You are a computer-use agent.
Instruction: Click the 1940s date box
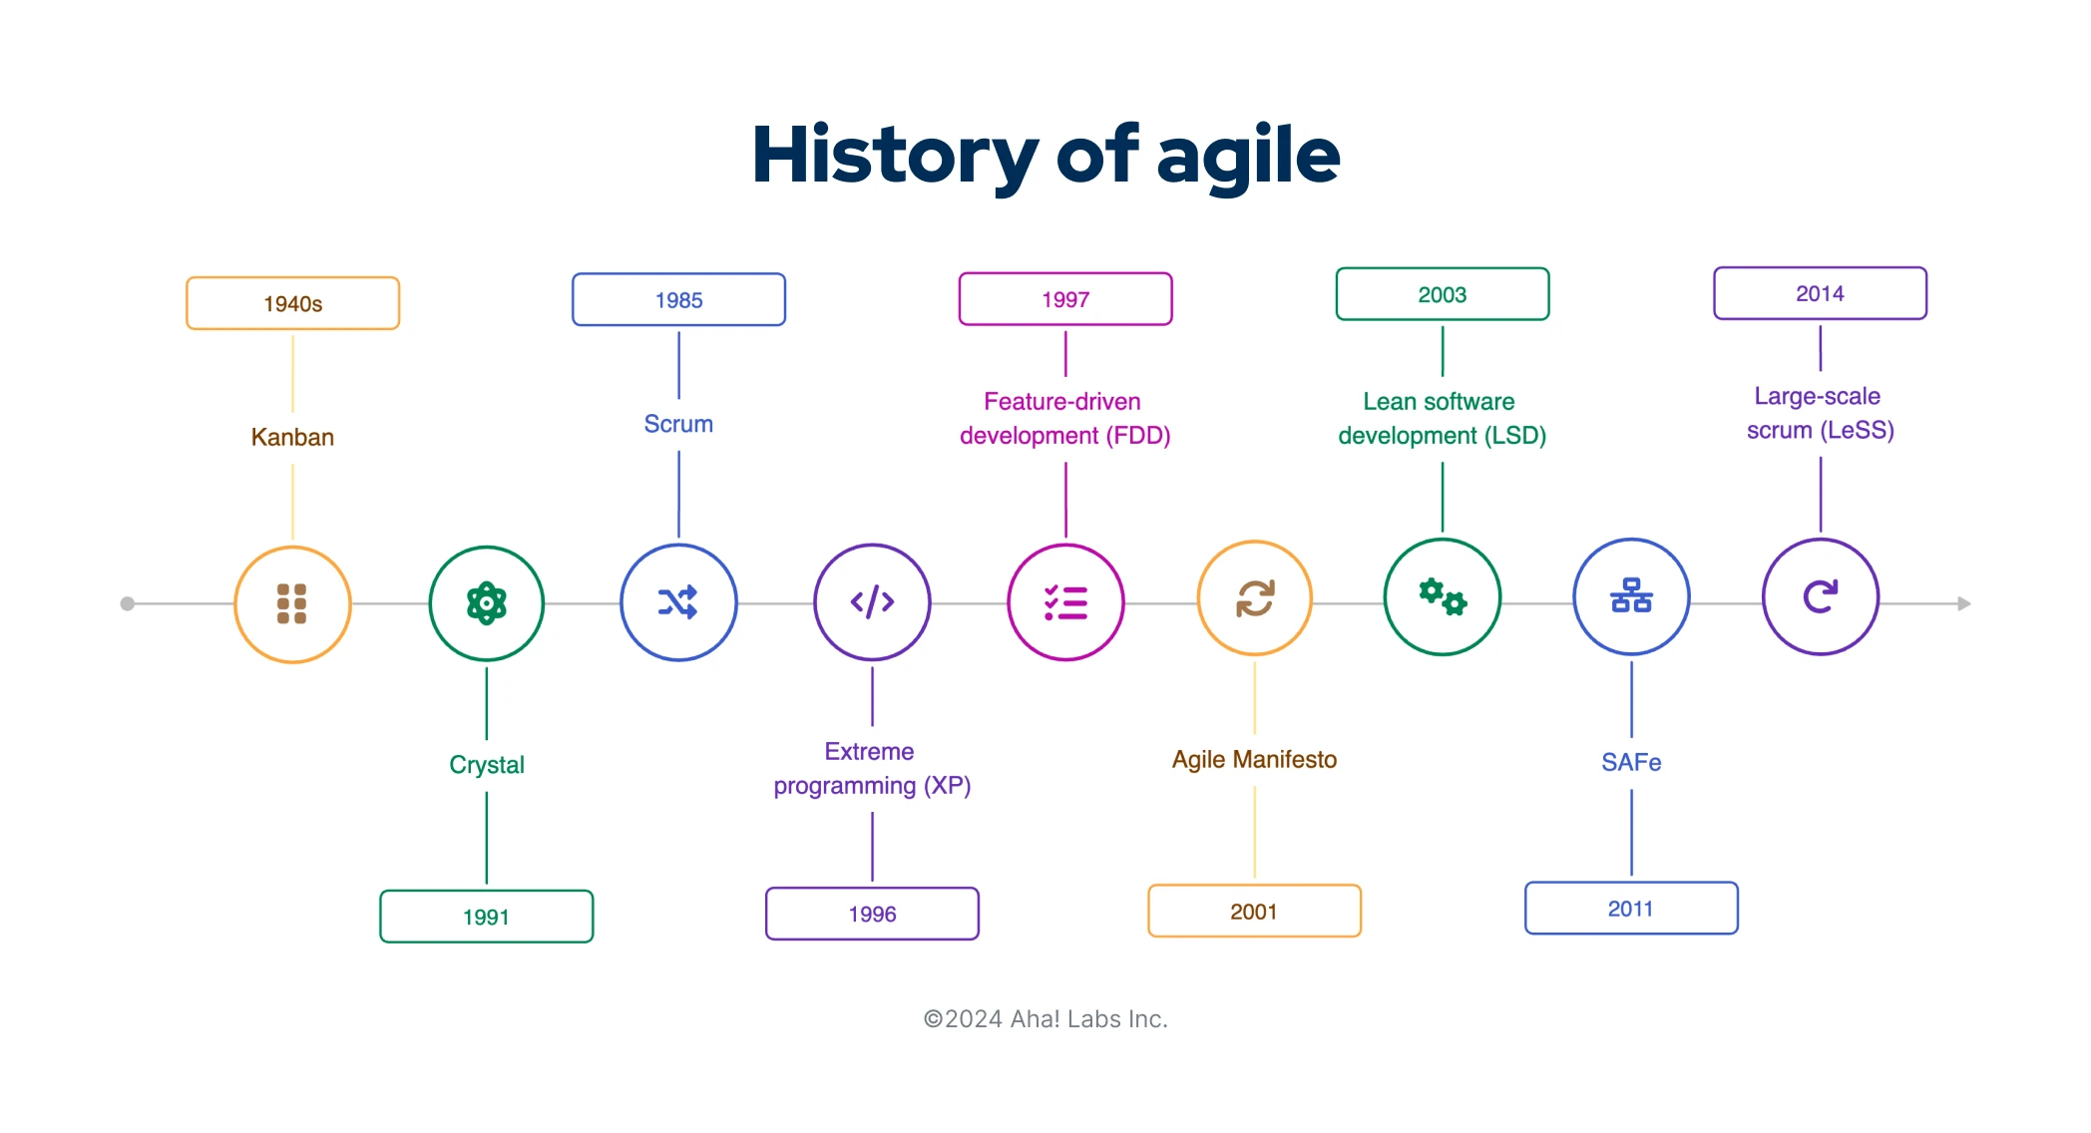click(292, 303)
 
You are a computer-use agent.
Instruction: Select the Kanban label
click(292, 437)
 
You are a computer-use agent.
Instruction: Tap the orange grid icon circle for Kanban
click(292, 603)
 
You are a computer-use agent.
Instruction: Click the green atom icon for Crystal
click(486, 602)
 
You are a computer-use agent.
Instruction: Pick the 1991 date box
click(486, 916)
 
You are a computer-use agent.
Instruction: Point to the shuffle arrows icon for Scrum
click(678, 602)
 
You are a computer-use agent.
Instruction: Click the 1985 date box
click(678, 299)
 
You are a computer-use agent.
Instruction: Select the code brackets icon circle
click(872, 602)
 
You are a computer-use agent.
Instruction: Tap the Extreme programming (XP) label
click(872, 768)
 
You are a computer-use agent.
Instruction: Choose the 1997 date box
click(1064, 299)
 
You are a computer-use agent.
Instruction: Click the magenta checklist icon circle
click(1065, 602)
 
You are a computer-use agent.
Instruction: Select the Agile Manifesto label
click(1254, 759)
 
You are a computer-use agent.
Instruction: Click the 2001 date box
click(1254, 911)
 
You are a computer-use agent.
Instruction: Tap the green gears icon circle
click(1442, 596)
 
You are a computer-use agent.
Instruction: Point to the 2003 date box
click(1442, 294)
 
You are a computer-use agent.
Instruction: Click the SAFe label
click(1631, 762)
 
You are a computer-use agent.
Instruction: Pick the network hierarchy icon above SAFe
click(1631, 596)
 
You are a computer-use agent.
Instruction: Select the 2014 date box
click(1820, 293)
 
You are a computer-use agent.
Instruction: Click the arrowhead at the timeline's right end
click(1963, 603)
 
